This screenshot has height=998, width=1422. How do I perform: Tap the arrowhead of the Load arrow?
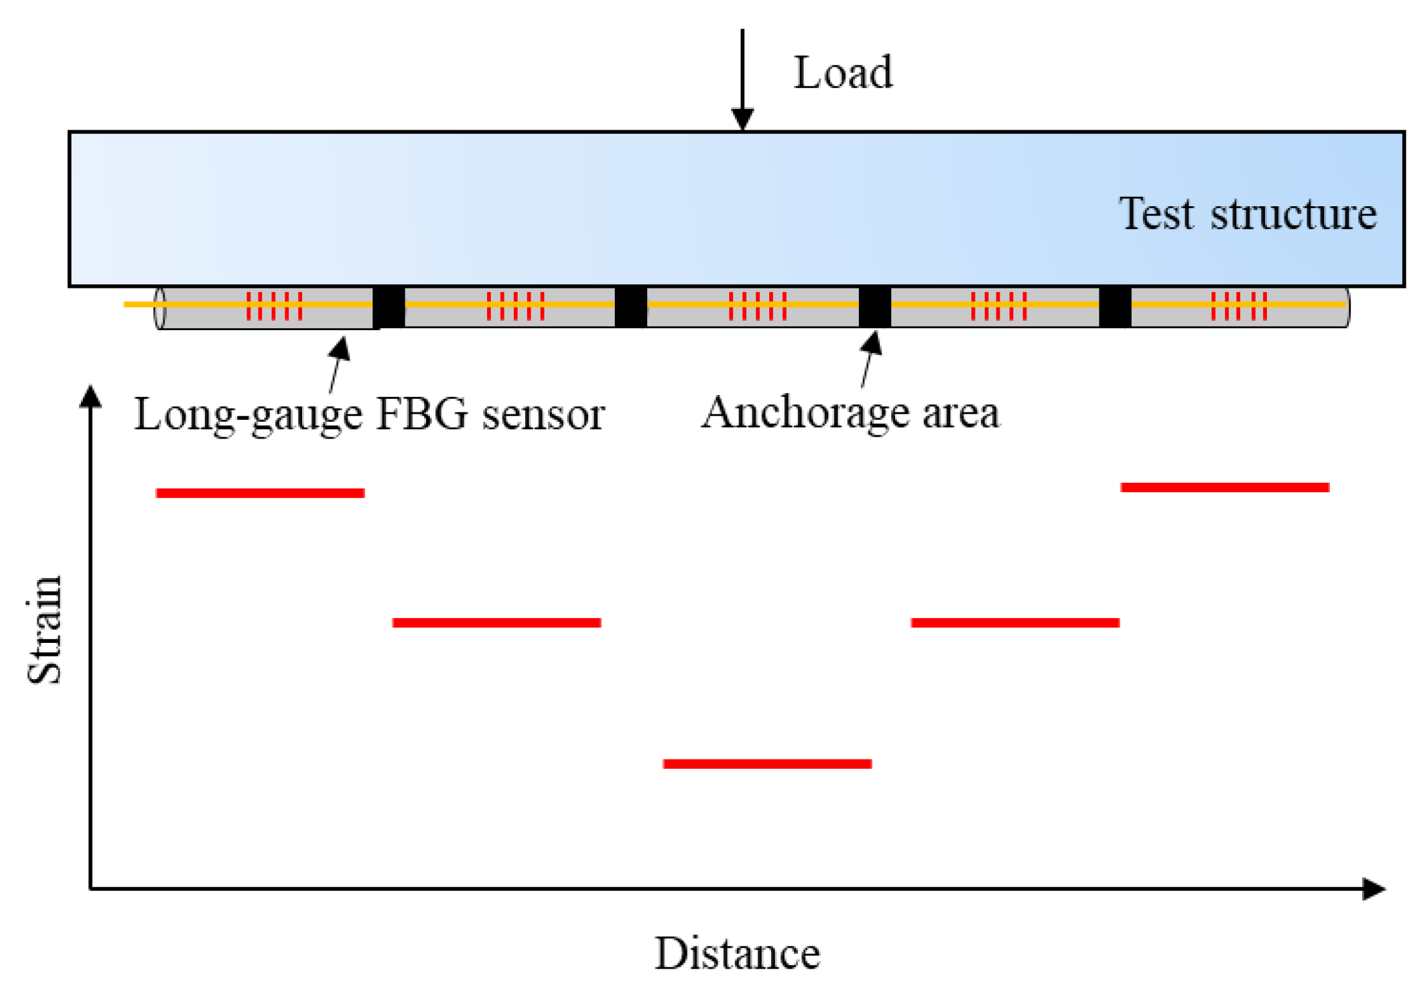pos(742,118)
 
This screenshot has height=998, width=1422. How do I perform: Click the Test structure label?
pos(1247,214)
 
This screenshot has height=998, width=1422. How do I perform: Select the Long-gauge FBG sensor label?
pos(369,414)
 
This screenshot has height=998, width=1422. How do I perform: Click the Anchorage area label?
pos(850,412)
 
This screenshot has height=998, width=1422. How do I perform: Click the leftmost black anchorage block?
pos(389,307)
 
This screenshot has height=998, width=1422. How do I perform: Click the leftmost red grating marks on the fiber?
pos(274,305)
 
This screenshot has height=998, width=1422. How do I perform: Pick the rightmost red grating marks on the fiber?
pos(1238,305)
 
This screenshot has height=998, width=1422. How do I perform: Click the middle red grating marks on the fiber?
pos(757,305)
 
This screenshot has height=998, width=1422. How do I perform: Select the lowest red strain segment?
pos(767,764)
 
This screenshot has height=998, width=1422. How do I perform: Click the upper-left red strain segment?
pos(260,493)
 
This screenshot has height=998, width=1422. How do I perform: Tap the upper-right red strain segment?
pos(1225,487)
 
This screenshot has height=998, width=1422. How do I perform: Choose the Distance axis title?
pos(737,954)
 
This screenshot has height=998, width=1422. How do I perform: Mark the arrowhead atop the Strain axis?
pos(91,397)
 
